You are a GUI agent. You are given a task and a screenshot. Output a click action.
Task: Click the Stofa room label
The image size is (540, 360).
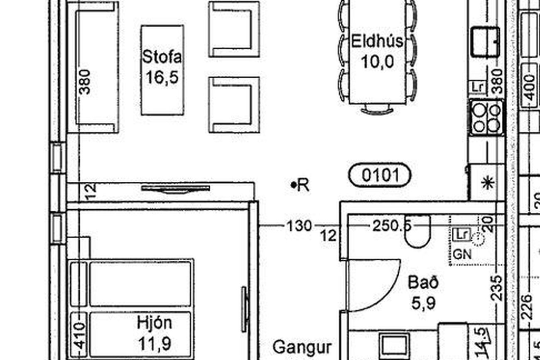(162, 57)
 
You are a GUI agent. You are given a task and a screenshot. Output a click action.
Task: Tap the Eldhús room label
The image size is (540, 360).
(377, 41)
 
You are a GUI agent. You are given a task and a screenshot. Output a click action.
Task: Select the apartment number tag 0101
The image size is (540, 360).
(380, 175)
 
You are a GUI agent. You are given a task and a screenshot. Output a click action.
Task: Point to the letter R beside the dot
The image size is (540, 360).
(304, 185)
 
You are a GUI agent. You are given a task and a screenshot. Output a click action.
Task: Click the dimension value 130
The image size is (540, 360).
(299, 226)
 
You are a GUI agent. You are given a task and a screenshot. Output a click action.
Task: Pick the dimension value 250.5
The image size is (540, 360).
(392, 226)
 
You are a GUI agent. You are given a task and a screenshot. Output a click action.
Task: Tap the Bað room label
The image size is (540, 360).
(423, 282)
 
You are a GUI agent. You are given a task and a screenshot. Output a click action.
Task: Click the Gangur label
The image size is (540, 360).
(302, 348)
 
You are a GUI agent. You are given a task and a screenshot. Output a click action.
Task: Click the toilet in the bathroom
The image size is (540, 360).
(418, 232)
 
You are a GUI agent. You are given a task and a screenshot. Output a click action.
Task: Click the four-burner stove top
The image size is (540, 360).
(487, 118)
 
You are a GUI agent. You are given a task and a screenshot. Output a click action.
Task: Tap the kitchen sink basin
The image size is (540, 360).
(485, 42)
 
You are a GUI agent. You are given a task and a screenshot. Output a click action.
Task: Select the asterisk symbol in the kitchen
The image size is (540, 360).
(488, 183)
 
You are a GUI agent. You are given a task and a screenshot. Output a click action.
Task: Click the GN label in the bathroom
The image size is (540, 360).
(462, 255)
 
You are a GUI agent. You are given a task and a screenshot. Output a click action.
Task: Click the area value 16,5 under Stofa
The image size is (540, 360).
(162, 77)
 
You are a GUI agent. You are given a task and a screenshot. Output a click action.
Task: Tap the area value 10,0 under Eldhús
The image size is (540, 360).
(378, 62)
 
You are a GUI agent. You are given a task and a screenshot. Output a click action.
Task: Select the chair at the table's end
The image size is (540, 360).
(377, 110)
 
